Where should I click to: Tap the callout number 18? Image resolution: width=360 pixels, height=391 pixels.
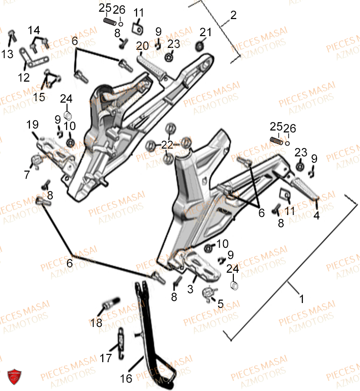point(96,323)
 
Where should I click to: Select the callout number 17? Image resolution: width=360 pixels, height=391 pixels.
point(106,358)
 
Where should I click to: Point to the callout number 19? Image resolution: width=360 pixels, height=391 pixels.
point(32,125)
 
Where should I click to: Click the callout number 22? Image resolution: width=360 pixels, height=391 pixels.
point(167,145)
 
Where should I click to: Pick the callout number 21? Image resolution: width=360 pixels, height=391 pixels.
point(205,32)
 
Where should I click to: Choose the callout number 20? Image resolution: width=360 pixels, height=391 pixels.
point(142,46)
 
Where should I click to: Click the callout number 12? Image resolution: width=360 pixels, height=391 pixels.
point(23,77)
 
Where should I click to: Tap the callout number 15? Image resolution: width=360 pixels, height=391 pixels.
point(39,97)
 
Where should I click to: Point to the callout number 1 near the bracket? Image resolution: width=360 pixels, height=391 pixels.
point(301,297)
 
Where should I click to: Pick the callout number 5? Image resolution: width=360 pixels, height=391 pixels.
point(221,304)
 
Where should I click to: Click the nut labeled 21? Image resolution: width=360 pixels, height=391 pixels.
point(199,46)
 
